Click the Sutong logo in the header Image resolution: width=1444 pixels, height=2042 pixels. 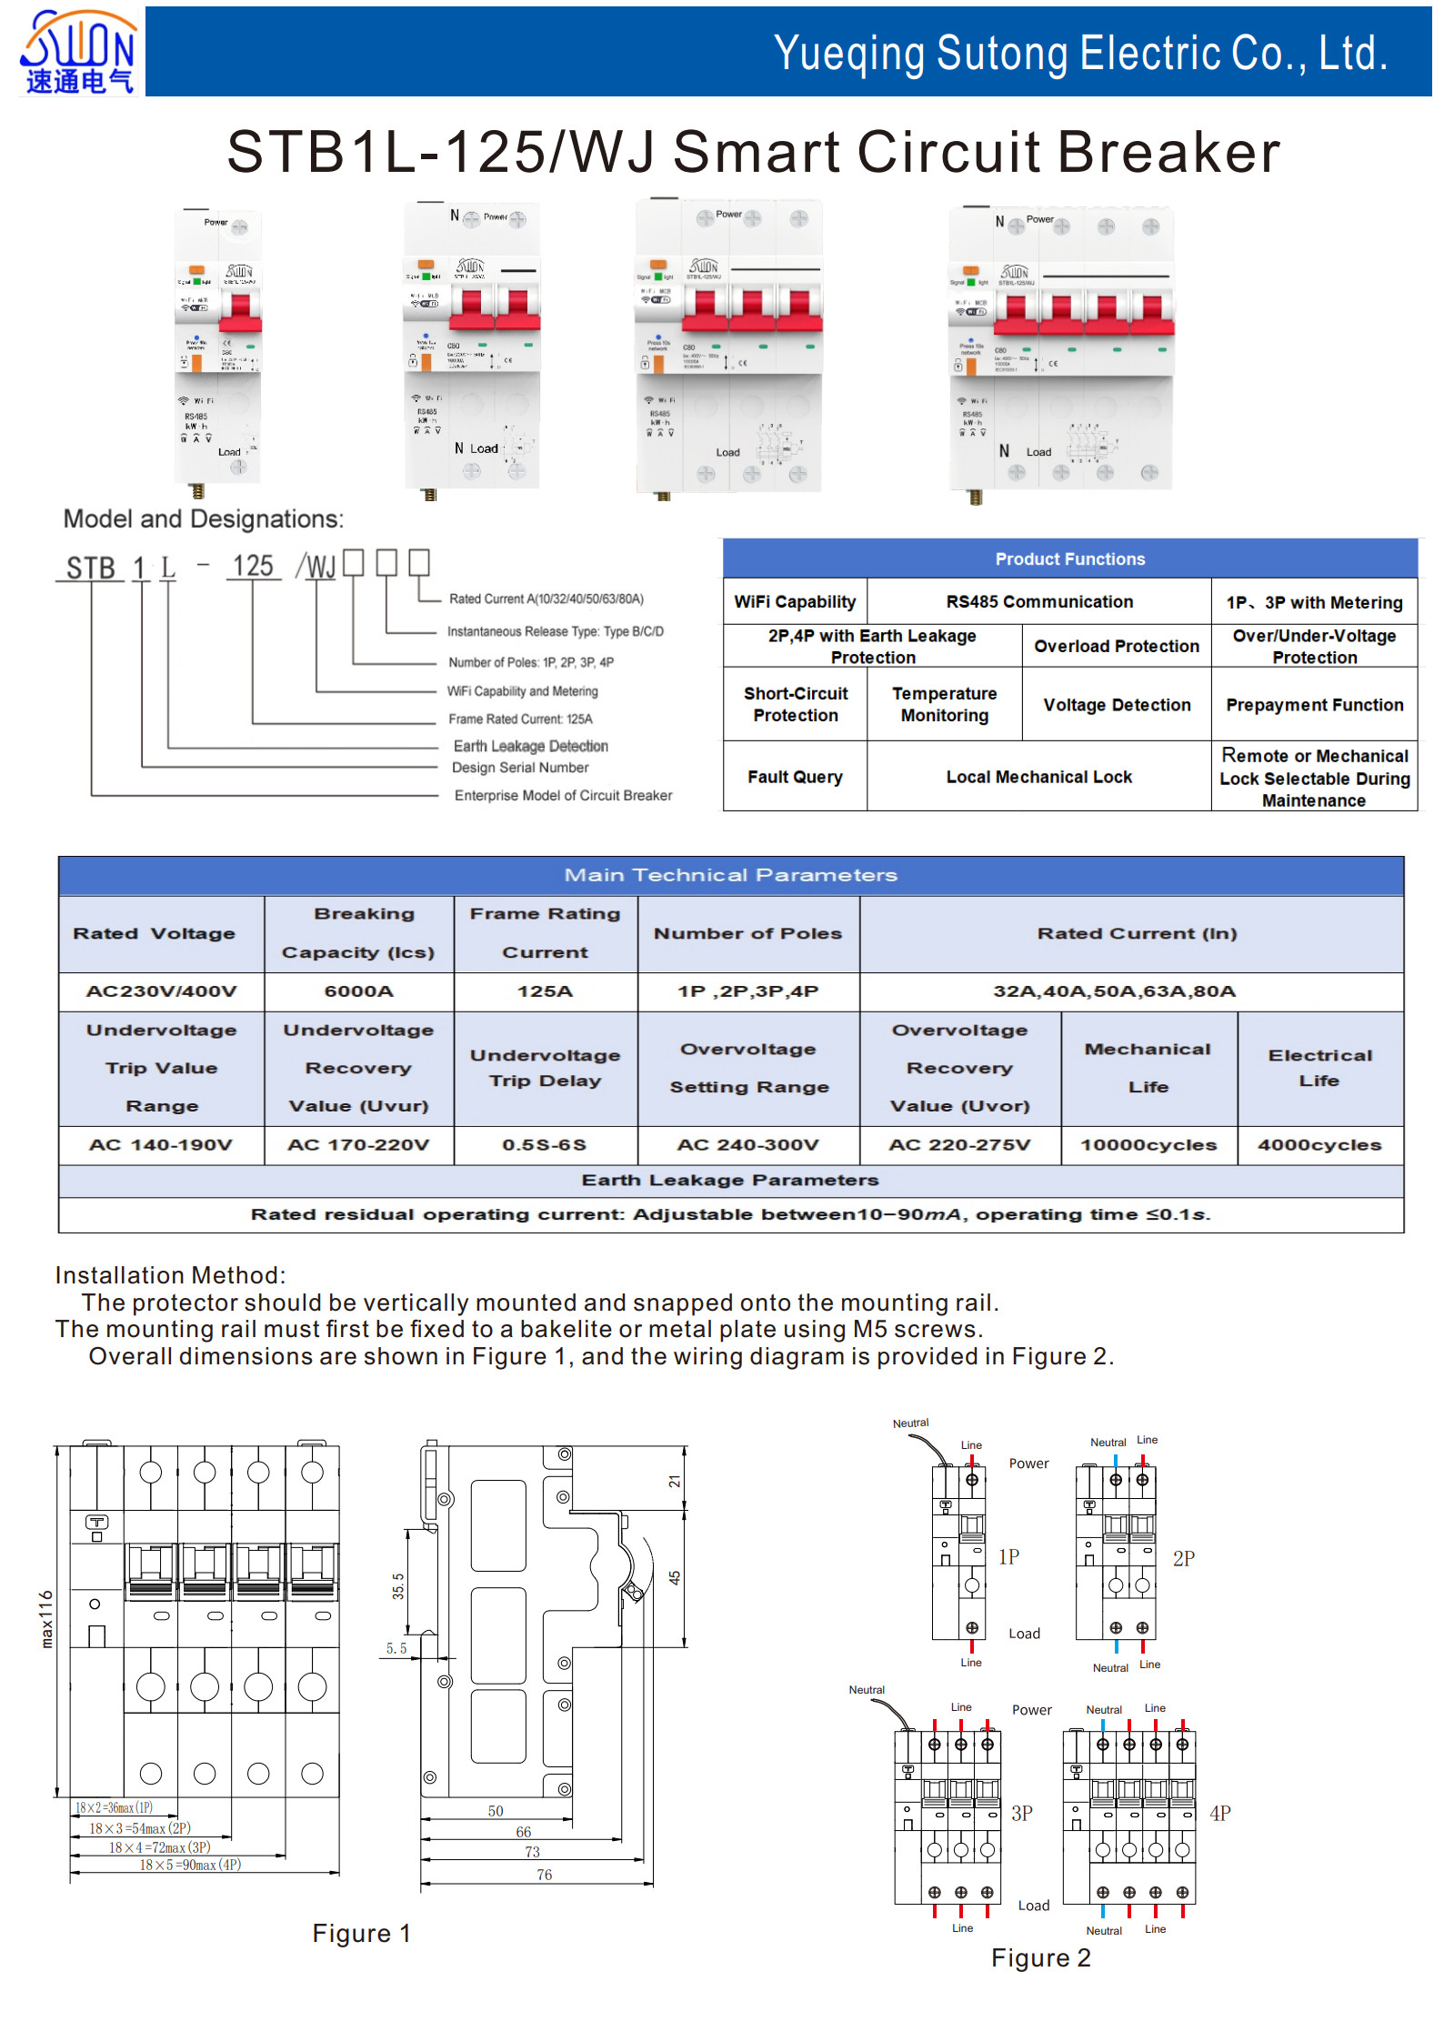[78, 52]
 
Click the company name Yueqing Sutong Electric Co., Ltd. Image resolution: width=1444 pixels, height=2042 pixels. [1079, 54]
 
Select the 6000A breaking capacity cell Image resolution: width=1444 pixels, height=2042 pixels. [359, 991]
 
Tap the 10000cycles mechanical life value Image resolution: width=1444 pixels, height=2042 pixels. [1148, 1145]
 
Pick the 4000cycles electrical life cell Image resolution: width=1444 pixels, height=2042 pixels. [1319, 1145]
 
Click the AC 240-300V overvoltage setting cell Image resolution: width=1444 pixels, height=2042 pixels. [747, 1145]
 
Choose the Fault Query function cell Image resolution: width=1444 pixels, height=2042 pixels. [795, 777]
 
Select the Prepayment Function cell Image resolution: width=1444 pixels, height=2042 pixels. [1314, 705]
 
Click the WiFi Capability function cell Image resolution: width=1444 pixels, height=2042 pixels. [795, 602]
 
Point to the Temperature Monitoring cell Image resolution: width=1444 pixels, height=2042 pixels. [944, 705]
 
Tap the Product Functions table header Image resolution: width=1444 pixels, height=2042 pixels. [1069, 559]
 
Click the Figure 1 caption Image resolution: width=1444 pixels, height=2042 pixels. [361, 1933]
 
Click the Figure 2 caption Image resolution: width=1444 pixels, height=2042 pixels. [1040, 1957]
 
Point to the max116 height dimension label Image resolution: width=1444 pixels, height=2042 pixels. [46, 1619]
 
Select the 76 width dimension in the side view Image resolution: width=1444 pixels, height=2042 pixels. [544, 1875]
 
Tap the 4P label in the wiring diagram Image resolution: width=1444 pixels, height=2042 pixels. [1219, 1814]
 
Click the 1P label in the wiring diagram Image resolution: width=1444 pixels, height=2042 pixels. [1008, 1557]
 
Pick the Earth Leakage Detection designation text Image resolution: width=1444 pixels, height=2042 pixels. [530, 747]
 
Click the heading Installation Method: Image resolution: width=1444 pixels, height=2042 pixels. [170, 1275]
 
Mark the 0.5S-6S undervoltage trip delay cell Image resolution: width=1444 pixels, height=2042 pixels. [544, 1145]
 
